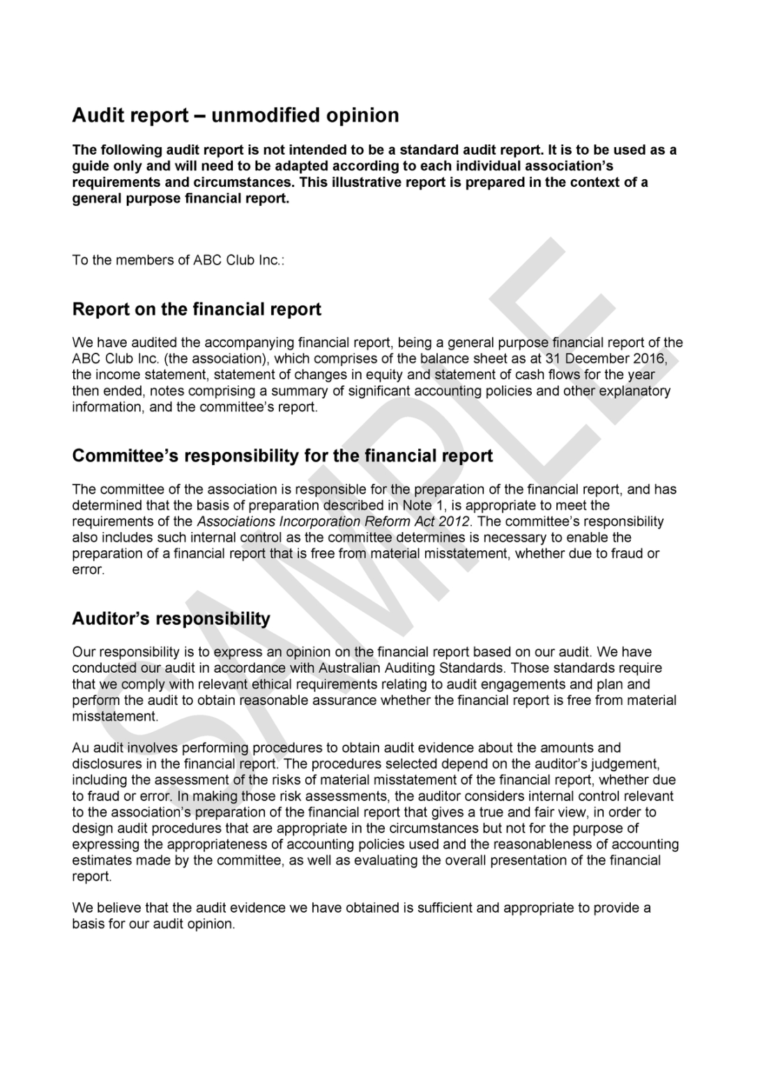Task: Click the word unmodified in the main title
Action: [256, 115]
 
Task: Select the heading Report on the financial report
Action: [197, 309]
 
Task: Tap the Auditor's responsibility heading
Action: [171, 618]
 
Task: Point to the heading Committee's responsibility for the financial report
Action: [282, 456]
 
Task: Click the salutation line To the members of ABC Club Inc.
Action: [178, 260]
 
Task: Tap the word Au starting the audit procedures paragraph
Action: [81, 748]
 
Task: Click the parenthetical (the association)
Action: [197, 359]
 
